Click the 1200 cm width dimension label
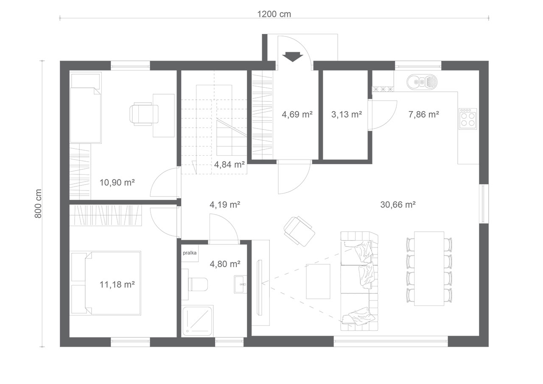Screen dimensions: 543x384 point(274,14)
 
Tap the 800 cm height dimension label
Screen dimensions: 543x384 point(38,204)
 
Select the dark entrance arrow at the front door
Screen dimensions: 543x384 point(293,57)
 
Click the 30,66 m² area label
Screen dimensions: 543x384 point(398,205)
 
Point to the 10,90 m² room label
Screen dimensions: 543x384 point(117,182)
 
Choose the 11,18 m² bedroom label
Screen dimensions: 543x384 point(117,284)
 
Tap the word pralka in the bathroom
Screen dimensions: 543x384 point(190,253)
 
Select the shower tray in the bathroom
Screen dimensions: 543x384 point(197,321)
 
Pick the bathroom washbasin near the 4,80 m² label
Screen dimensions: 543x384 point(241,284)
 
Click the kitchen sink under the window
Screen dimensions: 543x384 point(422,82)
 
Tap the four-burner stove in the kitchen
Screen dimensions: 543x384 point(467,119)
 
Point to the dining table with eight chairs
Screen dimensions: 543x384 point(429,269)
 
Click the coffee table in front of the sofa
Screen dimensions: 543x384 point(318,281)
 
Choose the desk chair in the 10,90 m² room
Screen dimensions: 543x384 point(144,114)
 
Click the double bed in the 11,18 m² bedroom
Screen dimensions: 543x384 point(113,283)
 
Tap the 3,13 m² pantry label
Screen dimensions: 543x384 point(347,114)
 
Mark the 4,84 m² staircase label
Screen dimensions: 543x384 point(230,165)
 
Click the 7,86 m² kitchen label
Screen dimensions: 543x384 point(424,114)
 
